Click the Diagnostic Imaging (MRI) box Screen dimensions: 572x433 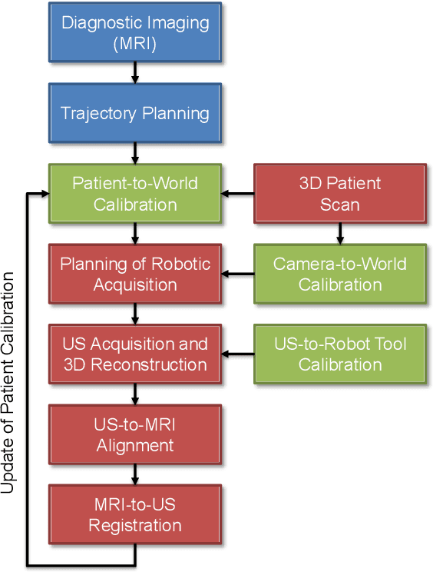pos(135,32)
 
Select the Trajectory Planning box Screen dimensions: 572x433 pos(135,113)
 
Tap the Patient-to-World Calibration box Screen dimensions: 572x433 pos(135,194)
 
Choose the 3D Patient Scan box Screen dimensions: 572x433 pos(340,194)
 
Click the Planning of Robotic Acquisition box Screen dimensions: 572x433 pos(135,274)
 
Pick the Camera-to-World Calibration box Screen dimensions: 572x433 pos(340,274)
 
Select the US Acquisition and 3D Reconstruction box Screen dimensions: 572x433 pos(135,354)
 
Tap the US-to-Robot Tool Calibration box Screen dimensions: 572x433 pos(340,354)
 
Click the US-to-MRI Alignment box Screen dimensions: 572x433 pos(135,435)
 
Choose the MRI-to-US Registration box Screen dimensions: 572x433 pos(135,516)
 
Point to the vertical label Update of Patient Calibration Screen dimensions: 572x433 pos(10,384)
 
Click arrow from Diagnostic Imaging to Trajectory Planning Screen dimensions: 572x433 pos(135,72)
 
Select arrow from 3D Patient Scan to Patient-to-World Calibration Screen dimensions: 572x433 pos(238,194)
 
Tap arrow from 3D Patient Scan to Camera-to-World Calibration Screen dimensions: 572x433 pos(340,234)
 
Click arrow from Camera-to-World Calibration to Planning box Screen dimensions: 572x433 pos(238,274)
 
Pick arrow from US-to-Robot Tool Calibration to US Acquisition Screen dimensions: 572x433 pos(238,354)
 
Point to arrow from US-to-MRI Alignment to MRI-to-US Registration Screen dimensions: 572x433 pos(135,475)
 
